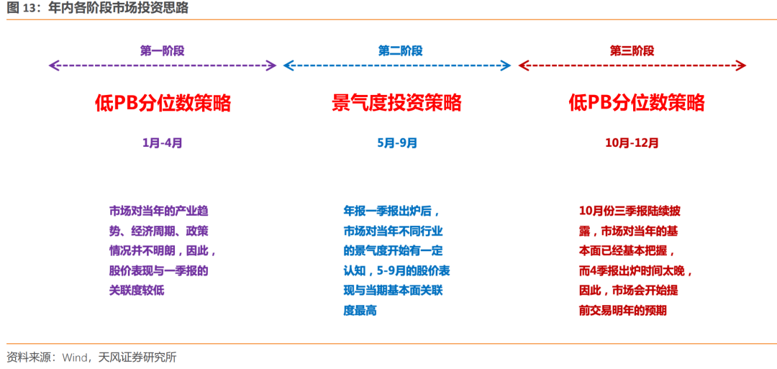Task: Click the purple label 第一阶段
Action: pyautogui.click(x=162, y=50)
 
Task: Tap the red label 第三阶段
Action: pyautogui.click(x=632, y=50)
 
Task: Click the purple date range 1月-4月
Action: pyautogui.click(x=162, y=143)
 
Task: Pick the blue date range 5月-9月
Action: pyautogui.click(x=397, y=143)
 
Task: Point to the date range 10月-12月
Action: pyautogui.click(x=632, y=143)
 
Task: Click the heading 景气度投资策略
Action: pyautogui.click(x=396, y=104)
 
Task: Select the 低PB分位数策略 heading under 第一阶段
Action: pyautogui.click(x=163, y=104)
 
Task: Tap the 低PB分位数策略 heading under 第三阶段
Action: pyautogui.click(x=637, y=104)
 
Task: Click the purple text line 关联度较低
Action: pyautogui.click(x=136, y=291)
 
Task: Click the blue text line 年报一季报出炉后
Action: pyautogui.click(x=391, y=211)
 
